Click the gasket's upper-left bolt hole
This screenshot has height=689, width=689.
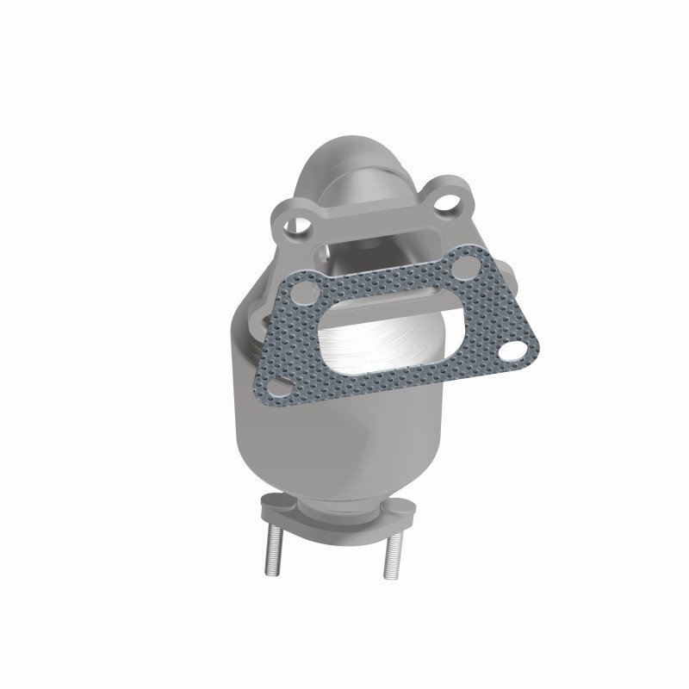[301, 292]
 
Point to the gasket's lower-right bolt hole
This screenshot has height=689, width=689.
[513, 351]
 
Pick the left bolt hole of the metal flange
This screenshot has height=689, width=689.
[300, 226]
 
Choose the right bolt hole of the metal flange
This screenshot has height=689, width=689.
[447, 203]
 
